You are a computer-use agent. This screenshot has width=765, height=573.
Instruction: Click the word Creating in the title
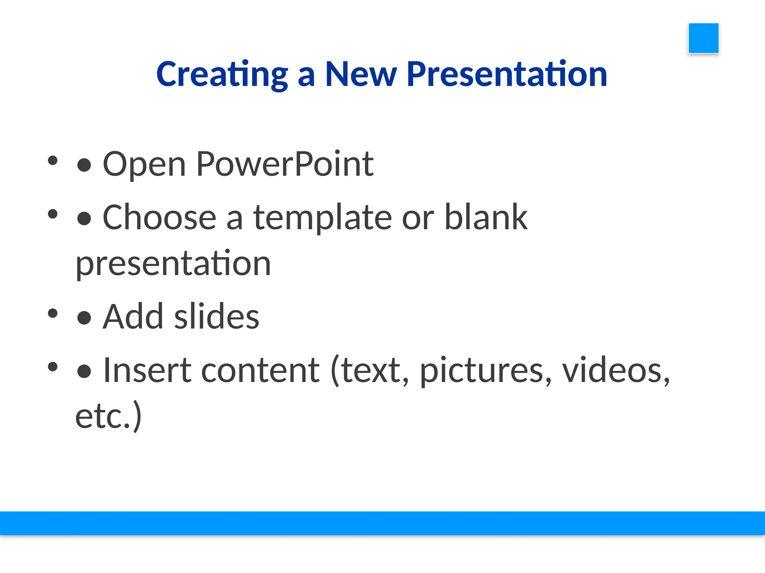(x=222, y=75)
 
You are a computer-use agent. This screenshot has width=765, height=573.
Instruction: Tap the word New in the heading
(x=360, y=75)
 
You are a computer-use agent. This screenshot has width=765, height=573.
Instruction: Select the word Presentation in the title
(x=507, y=75)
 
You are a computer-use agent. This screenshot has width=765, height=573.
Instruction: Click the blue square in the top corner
(x=703, y=38)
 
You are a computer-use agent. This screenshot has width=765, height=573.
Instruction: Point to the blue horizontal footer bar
(x=382, y=523)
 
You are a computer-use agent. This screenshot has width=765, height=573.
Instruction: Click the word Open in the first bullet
(x=144, y=165)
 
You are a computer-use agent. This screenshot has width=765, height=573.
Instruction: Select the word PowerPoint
(x=285, y=164)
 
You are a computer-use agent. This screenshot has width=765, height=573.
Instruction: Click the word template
(x=322, y=219)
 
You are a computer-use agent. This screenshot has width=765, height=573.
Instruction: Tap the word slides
(x=217, y=317)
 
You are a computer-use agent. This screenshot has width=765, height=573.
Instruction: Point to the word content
(x=260, y=370)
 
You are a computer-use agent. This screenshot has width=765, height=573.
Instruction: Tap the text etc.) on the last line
(x=108, y=417)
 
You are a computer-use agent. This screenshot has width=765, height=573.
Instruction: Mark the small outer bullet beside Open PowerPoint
(x=53, y=160)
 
